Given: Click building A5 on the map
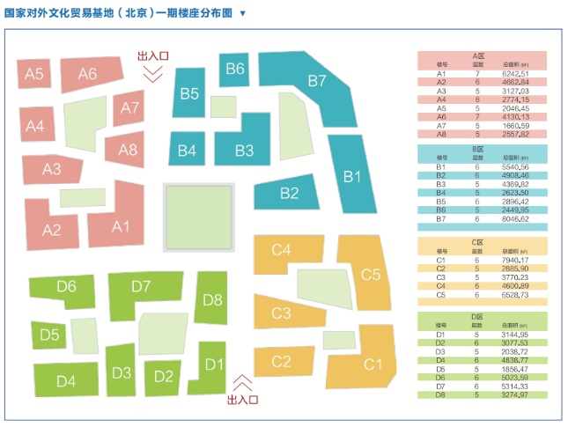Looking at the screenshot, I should [x=34, y=74].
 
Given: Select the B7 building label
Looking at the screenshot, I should [x=317, y=80].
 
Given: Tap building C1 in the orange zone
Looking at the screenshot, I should [x=373, y=364].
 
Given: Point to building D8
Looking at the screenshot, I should [x=212, y=299].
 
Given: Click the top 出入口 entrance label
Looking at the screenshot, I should [x=152, y=56].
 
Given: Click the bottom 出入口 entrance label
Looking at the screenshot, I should [x=242, y=401].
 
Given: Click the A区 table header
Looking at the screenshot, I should [x=481, y=55].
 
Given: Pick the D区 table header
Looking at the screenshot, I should [x=481, y=315].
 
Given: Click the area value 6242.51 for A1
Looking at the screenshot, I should [x=516, y=74].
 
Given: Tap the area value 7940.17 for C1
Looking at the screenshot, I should [x=516, y=261].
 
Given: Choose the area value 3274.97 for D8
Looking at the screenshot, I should [x=516, y=394].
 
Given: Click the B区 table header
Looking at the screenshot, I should [x=481, y=150].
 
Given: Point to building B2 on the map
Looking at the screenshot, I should [x=289, y=193].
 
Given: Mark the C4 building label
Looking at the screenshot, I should [x=281, y=250].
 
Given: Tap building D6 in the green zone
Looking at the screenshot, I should [x=66, y=287].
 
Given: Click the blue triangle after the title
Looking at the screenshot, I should [x=243, y=14].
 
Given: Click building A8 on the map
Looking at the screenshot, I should [x=128, y=150].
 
